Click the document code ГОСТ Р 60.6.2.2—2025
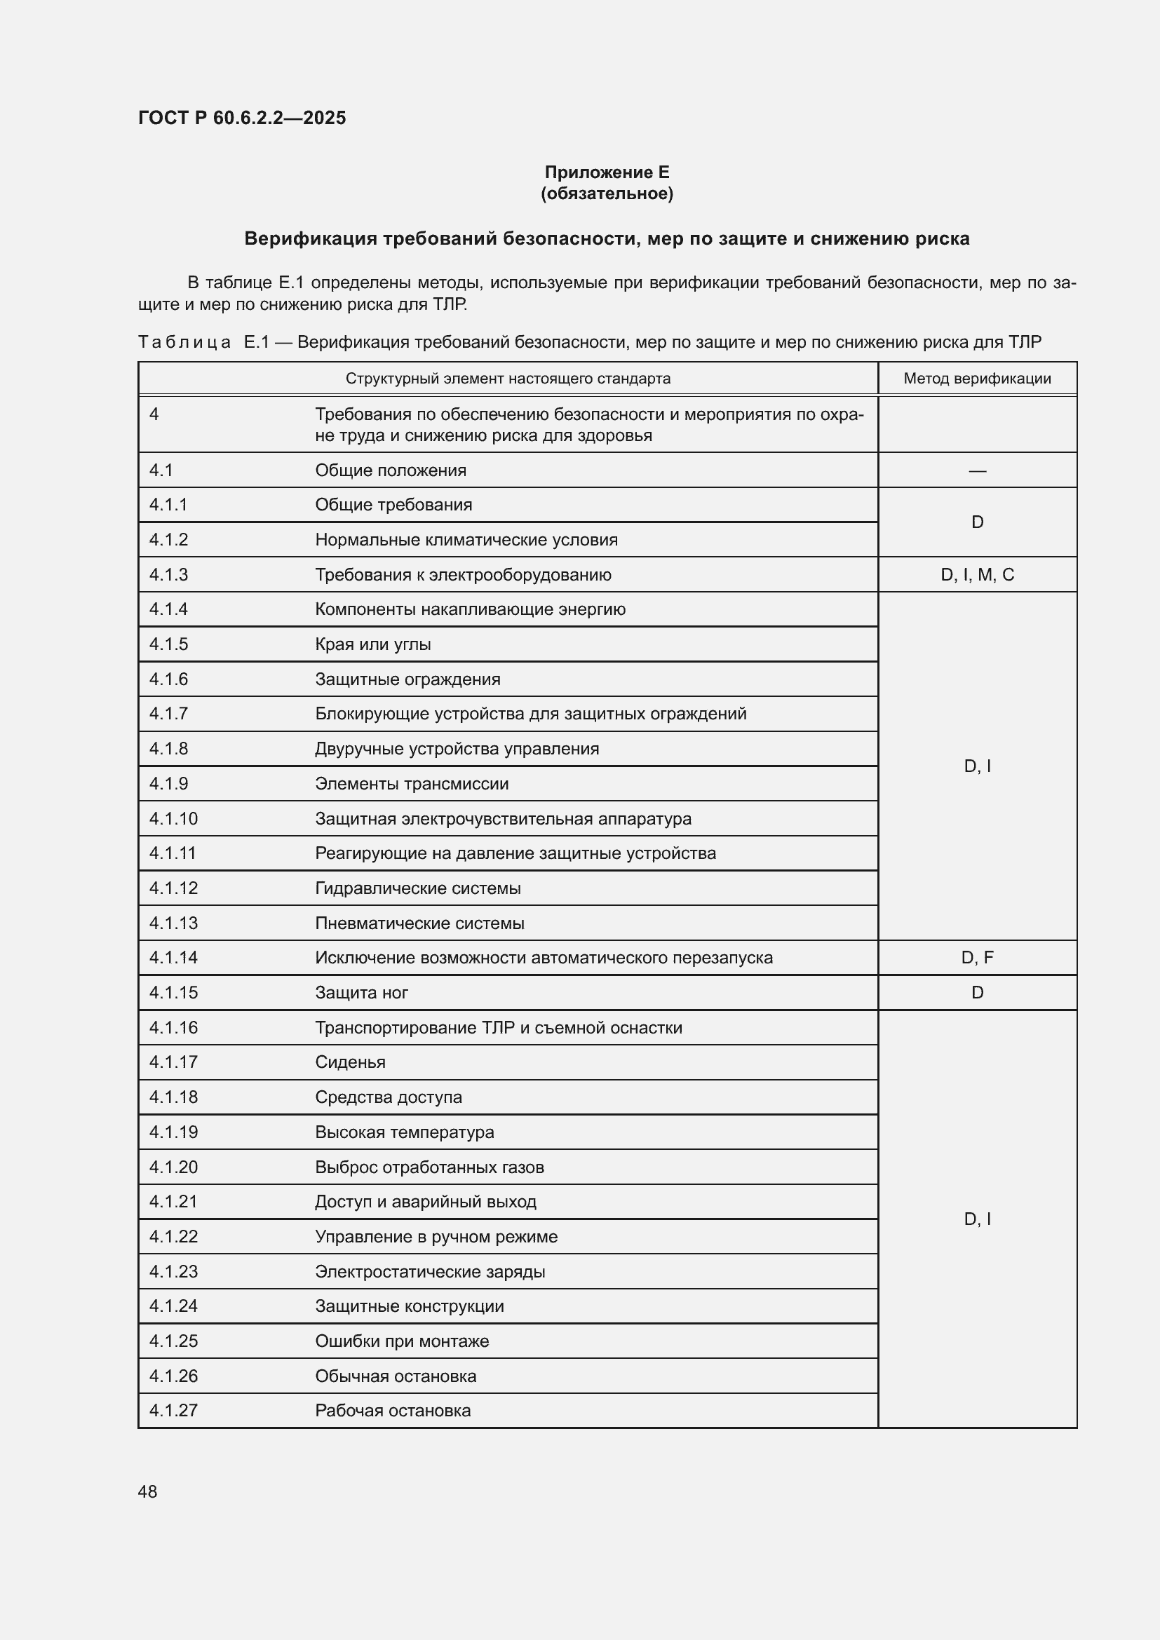coord(241,118)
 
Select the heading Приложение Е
coord(607,172)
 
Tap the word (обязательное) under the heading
coord(607,194)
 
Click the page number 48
coord(147,1491)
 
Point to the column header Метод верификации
coord(976,379)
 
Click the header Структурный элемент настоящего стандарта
coord(508,379)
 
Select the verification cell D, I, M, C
coord(976,575)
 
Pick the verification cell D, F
coord(976,958)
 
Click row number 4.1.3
coord(168,575)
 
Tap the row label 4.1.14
coord(173,958)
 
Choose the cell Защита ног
coord(361,993)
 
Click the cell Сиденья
coord(350,1062)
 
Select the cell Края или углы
coord(373,644)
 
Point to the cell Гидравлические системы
coord(418,888)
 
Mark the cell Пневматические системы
coord(419,923)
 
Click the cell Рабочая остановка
coord(393,1411)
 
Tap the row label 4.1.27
coord(173,1411)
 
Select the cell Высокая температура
coord(404,1132)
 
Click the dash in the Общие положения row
coord(976,470)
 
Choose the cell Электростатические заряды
coord(430,1271)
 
